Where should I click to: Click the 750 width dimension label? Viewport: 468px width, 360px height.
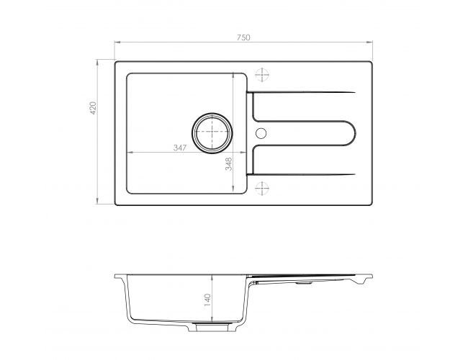click(243, 37)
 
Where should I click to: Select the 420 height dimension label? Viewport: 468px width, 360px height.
click(93, 108)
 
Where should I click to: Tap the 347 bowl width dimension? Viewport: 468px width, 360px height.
click(180, 148)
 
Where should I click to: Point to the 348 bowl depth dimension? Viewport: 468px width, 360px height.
click(229, 164)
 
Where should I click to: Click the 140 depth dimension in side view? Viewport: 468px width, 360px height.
click(207, 300)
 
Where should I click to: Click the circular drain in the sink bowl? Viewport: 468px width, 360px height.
click(212, 133)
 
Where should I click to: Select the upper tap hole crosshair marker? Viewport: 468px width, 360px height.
click(262, 75)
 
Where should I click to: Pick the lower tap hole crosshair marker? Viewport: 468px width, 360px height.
click(262, 188)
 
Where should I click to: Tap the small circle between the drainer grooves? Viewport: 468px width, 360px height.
click(261, 133)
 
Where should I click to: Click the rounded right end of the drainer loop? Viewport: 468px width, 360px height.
click(355, 133)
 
